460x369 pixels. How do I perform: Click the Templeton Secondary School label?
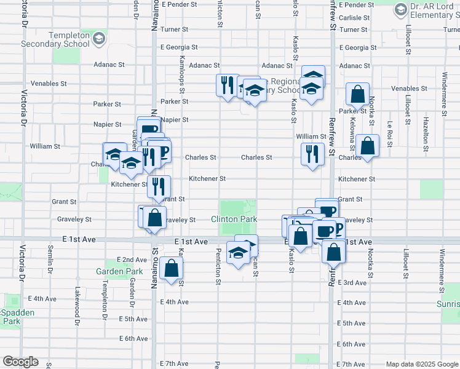tap(55, 40)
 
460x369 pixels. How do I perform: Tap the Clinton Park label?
tap(233, 219)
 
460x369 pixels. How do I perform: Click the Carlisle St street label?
tap(354, 18)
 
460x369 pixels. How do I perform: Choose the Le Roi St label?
tap(389, 132)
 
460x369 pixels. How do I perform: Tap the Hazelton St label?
tap(425, 132)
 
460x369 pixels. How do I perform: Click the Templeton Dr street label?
tap(105, 295)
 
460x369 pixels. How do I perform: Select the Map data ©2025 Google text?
tap(421, 364)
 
